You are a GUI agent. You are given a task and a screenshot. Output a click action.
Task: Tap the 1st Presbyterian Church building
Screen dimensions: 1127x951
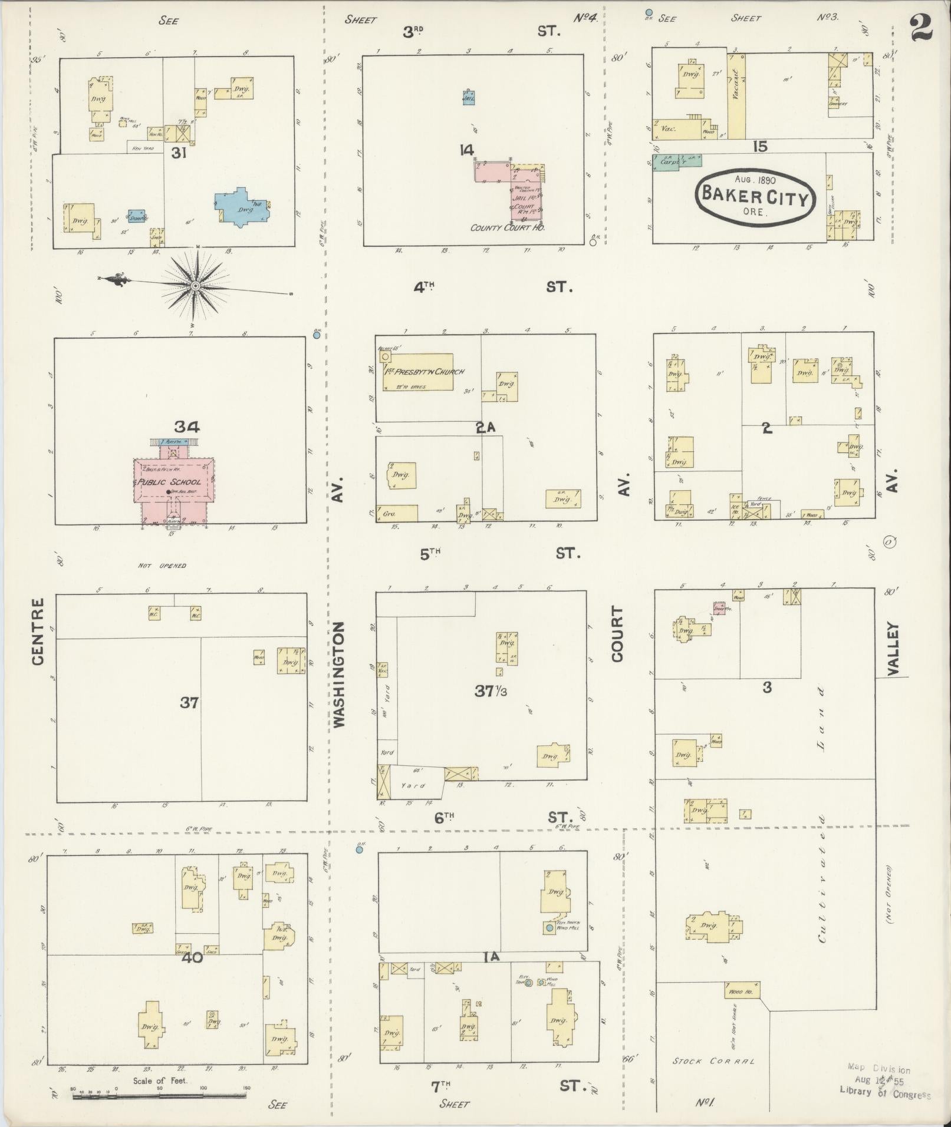pyautogui.click(x=419, y=372)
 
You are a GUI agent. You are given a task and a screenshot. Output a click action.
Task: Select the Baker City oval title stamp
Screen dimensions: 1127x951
pyautogui.click(x=755, y=196)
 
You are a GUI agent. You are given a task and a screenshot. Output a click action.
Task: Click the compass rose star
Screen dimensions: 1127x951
pyautogui.click(x=195, y=287)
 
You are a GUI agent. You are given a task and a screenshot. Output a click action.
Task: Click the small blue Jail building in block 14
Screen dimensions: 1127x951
pyautogui.click(x=469, y=98)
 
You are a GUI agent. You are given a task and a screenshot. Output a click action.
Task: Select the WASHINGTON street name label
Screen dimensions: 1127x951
pyautogui.click(x=340, y=674)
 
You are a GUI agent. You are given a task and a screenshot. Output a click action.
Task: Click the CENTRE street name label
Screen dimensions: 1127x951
pyautogui.click(x=39, y=632)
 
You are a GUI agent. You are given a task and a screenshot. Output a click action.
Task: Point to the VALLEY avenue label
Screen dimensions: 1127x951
pyautogui.click(x=891, y=648)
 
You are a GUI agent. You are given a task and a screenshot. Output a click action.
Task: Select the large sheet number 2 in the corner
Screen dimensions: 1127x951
pyautogui.click(x=922, y=28)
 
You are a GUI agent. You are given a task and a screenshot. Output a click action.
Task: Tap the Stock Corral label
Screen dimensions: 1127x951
pyautogui.click(x=713, y=1062)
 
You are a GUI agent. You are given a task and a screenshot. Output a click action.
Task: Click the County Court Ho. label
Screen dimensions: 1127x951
pyautogui.click(x=507, y=227)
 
